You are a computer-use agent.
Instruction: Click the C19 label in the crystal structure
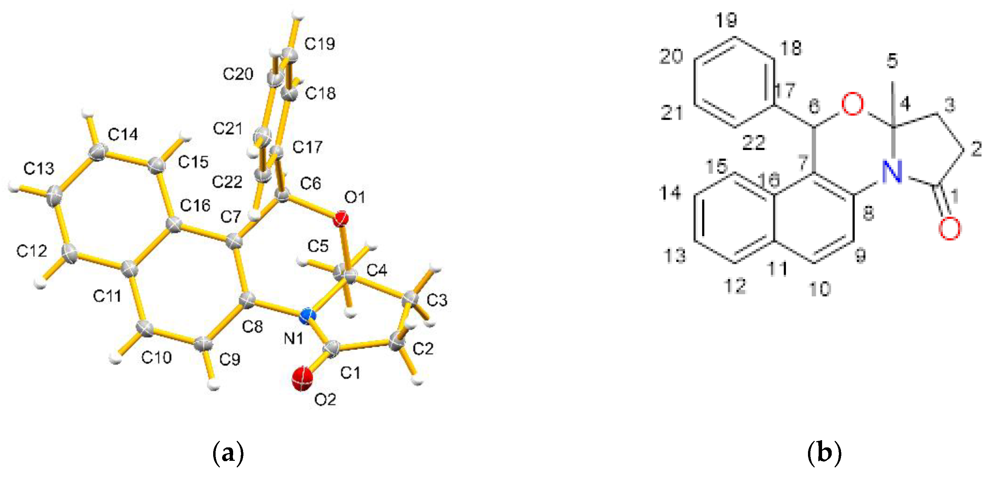tap(319, 44)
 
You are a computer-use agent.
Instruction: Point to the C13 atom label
tap(39, 168)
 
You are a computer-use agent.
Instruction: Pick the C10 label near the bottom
tap(156, 358)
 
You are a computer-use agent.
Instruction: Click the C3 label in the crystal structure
tap(437, 300)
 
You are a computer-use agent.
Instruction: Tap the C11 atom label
tap(107, 296)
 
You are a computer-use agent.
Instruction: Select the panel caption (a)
tap(228, 453)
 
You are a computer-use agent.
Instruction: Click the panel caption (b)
tap(824, 453)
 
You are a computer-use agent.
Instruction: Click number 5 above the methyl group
tap(892, 61)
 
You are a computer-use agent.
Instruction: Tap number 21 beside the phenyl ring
tap(672, 113)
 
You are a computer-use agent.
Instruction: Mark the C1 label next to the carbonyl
tap(350, 373)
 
